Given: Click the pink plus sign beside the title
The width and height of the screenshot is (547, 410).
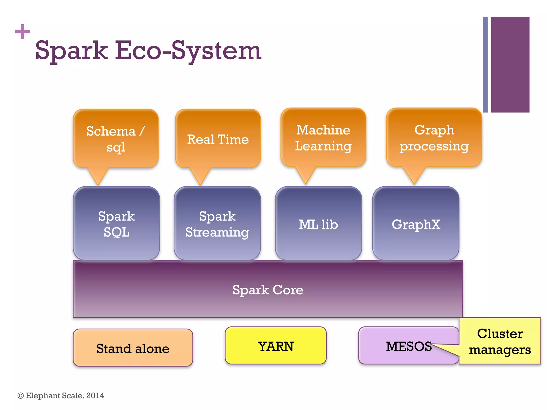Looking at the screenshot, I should (22, 32).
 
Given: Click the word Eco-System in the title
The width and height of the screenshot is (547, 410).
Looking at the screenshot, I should (188, 51).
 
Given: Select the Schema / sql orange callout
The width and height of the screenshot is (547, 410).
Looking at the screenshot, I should (116, 139).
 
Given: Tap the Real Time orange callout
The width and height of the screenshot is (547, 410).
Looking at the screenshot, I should (218, 139).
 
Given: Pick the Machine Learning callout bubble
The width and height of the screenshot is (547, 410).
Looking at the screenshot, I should (323, 138).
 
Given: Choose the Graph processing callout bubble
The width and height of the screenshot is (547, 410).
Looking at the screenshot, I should (434, 138).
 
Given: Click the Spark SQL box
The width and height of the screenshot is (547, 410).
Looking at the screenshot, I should (116, 224).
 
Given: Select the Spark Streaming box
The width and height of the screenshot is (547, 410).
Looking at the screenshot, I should (217, 224).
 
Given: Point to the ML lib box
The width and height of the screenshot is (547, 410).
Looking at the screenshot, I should (318, 224).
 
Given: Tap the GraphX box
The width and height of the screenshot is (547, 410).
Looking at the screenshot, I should (416, 224).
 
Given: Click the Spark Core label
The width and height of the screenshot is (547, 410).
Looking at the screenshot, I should (268, 290).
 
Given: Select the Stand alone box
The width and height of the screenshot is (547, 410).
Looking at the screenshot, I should (133, 348).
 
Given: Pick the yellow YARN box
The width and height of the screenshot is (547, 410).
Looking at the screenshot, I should (275, 346).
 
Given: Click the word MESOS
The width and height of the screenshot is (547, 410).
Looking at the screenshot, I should (408, 346).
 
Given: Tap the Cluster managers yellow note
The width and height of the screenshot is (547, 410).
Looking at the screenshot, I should (500, 341).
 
